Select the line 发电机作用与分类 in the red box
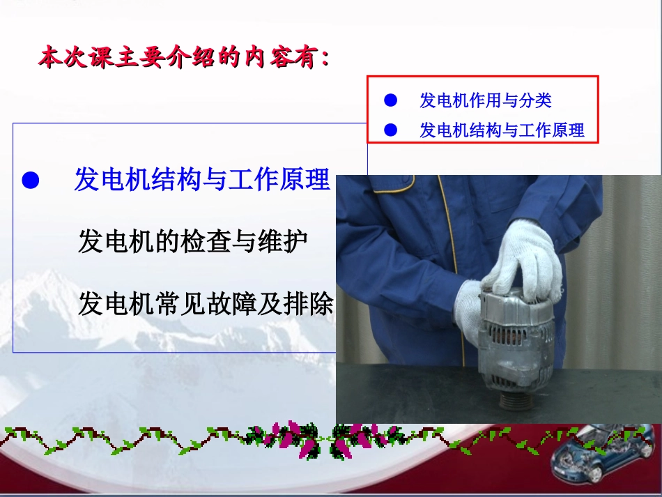click(x=485, y=100)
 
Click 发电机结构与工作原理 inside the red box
click(x=501, y=130)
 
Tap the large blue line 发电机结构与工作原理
click(x=201, y=180)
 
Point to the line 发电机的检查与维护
click(x=192, y=241)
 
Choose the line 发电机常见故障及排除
click(x=206, y=305)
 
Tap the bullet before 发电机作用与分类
click(x=391, y=100)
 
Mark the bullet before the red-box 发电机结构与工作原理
click(x=391, y=130)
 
